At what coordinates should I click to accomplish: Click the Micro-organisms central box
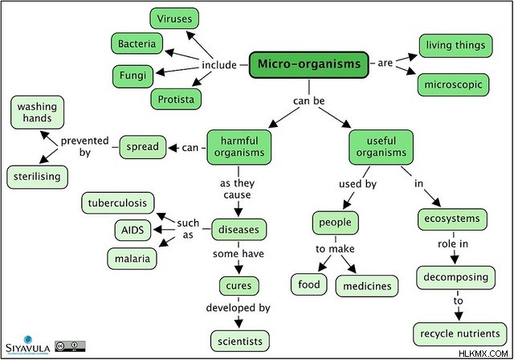tap(308, 64)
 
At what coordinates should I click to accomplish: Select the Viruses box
tap(174, 18)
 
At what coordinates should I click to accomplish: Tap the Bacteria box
tap(137, 43)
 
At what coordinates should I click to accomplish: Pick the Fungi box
tap(133, 76)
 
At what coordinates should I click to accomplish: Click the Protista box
tap(176, 99)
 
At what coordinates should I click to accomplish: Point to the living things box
tap(455, 46)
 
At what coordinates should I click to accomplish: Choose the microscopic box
tap(453, 84)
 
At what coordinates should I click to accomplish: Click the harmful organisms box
tap(239, 147)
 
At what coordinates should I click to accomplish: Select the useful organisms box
tap(381, 147)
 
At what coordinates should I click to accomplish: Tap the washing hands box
tap(38, 112)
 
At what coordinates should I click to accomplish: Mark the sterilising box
tap(38, 177)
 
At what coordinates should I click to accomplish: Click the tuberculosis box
tap(118, 203)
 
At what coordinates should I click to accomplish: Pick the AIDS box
tap(133, 230)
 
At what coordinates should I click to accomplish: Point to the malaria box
tap(132, 259)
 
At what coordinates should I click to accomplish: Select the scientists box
tap(240, 342)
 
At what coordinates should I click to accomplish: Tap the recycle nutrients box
tap(460, 334)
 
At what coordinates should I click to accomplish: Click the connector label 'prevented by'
tap(84, 146)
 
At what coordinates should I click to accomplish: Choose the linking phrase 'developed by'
tap(239, 308)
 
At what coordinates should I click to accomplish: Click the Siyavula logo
tap(28, 345)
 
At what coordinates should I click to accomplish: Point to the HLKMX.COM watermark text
tap(483, 354)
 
